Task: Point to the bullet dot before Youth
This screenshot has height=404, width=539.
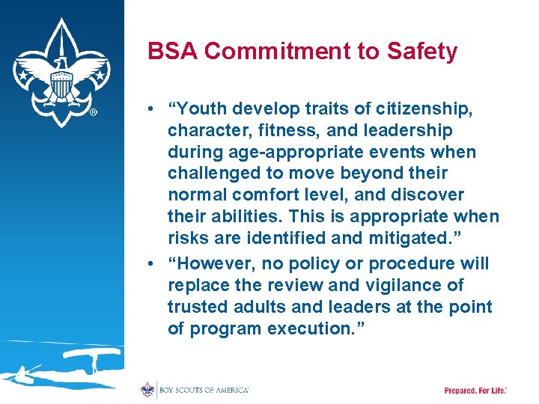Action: point(153,109)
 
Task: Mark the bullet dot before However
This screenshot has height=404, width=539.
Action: point(153,264)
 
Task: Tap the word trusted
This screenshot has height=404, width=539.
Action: point(197,307)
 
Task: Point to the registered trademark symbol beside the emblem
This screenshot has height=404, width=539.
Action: point(93,113)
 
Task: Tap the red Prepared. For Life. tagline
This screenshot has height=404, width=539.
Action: point(475,391)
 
